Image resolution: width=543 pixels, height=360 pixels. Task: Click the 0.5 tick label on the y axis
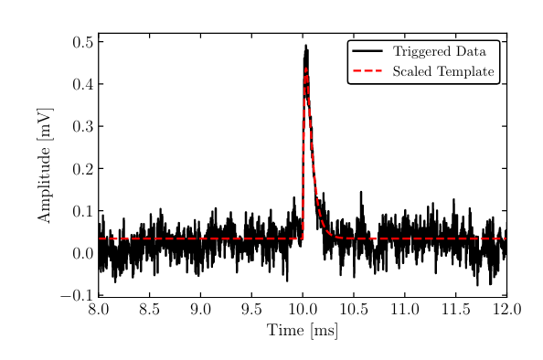(81, 42)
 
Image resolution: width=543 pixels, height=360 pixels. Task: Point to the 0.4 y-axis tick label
(81, 84)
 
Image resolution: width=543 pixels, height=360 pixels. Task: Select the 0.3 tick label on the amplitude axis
(81, 127)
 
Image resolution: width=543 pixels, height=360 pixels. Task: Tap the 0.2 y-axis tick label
(81, 169)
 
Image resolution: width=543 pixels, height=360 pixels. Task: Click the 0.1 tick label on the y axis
(81, 211)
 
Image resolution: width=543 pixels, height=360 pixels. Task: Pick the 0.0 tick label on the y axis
(81, 254)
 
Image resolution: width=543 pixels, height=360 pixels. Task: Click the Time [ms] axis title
(303, 330)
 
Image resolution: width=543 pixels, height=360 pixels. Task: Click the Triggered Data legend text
(439, 52)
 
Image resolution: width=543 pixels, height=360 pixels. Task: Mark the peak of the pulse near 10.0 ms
(305, 46)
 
